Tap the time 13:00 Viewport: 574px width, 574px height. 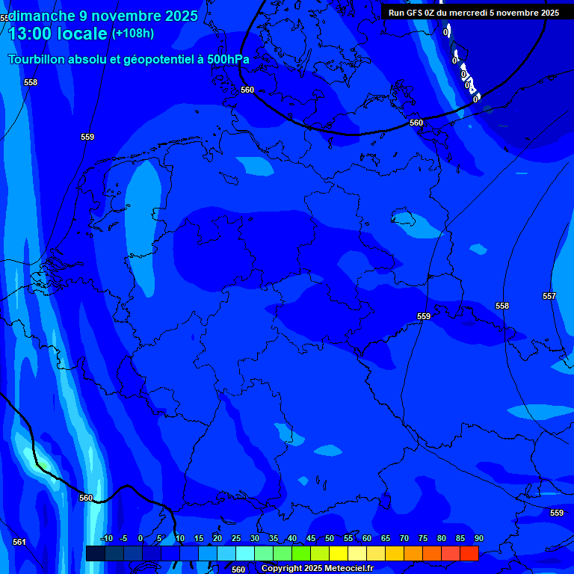point(30,34)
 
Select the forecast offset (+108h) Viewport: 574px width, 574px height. point(133,34)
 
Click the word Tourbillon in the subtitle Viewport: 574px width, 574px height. point(39,59)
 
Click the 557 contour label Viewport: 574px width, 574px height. point(549,297)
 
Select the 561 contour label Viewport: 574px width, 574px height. point(19,542)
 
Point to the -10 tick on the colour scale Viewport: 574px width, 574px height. point(107,538)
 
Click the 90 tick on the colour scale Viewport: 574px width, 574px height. point(478,538)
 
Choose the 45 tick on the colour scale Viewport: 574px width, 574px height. point(310,538)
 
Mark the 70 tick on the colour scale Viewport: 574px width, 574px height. point(404,538)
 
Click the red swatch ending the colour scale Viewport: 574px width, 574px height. point(469,553)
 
